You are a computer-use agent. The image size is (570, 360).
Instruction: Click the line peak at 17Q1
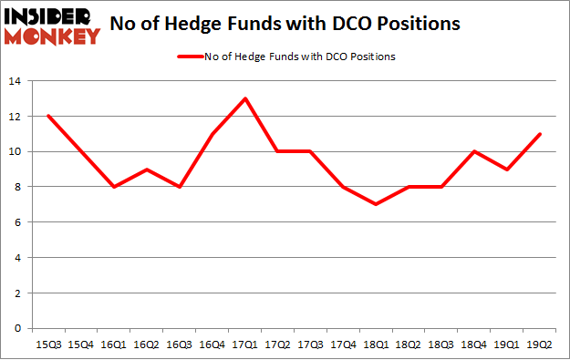point(245,98)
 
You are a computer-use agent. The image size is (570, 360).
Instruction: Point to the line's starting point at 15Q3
point(47,116)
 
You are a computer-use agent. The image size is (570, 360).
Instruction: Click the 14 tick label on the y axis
point(16,81)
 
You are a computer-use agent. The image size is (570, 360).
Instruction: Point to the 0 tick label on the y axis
point(18,328)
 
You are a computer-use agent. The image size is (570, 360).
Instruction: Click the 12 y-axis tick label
point(16,117)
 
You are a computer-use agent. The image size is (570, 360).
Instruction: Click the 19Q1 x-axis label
point(506,343)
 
